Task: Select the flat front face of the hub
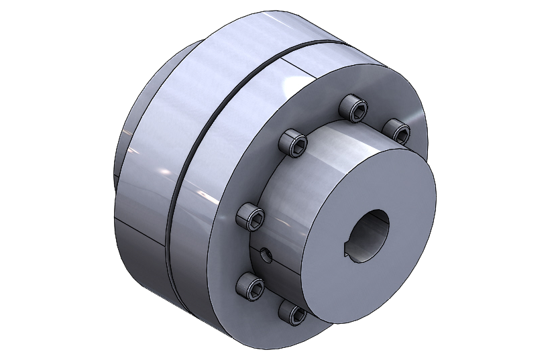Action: coord(376,201)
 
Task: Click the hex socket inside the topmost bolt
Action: coord(355,105)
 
